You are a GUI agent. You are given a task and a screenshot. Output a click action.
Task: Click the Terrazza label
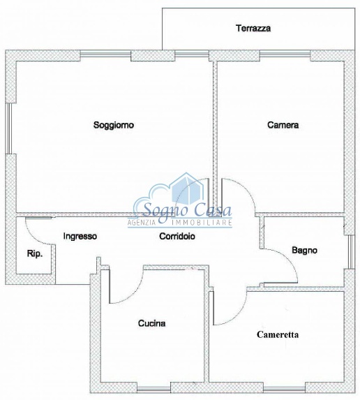click(x=253, y=29)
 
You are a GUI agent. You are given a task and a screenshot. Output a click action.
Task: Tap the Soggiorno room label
click(x=114, y=125)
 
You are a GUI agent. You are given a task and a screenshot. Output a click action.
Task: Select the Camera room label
click(x=283, y=125)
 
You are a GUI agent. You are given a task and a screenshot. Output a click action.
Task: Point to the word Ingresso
click(x=80, y=236)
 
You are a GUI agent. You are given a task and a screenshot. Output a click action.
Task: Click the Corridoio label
click(x=176, y=236)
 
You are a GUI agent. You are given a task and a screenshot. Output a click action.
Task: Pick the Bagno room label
click(x=305, y=249)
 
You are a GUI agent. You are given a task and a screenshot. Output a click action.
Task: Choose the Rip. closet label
click(x=34, y=254)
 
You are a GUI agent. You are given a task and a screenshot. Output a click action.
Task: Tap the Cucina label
click(x=151, y=323)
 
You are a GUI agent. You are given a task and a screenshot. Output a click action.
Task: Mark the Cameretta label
click(x=278, y=334)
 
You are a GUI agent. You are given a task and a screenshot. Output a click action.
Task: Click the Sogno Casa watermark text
click(x=183, y=209)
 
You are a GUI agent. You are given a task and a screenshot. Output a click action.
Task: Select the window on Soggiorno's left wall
click(x=9, y=128)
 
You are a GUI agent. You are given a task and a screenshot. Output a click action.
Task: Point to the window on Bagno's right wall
click(x=350, y=249)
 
